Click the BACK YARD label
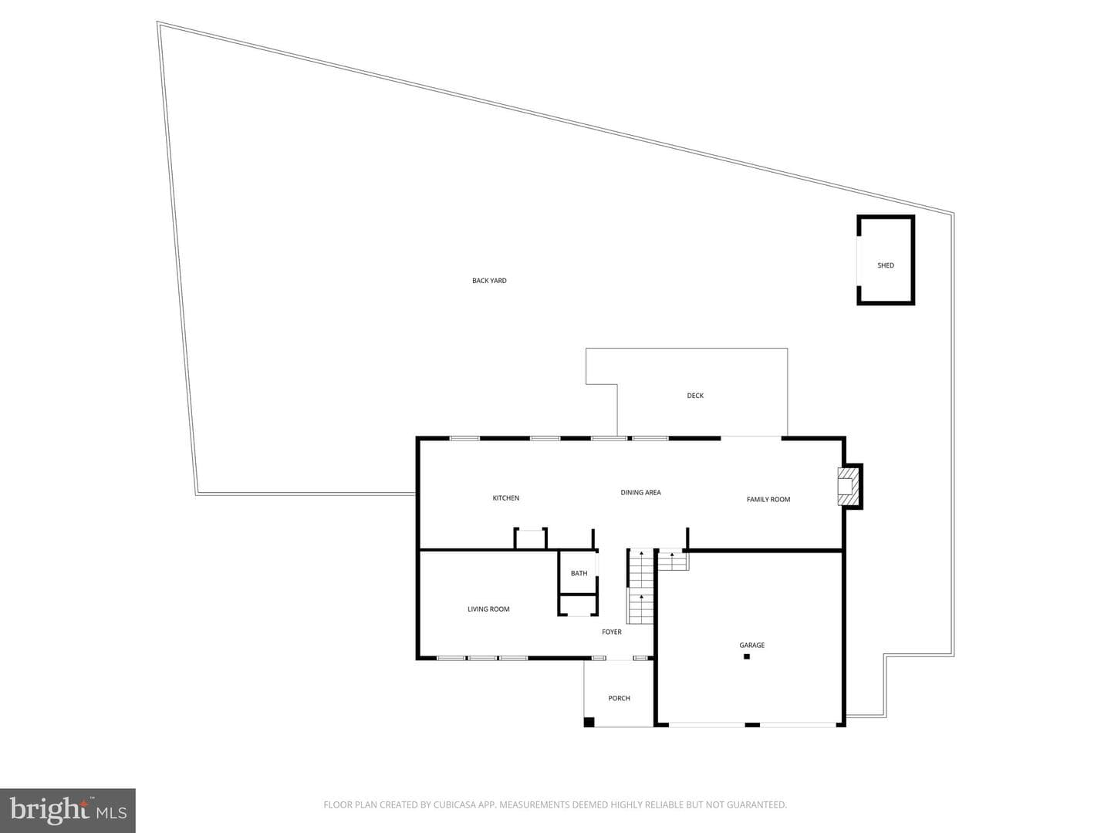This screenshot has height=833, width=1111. pyautogui.click(x=489, y=281)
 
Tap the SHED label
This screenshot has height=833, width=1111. pyautogui.click(x=885, y=265)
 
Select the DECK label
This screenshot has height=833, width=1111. pyautogui.click(x=695, y=396)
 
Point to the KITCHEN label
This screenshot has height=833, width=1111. pyautogui.click(x=505, y=498)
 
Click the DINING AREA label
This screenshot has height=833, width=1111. pyautogui.click(x=640, y=492)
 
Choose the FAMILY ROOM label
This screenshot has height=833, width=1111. pyautogui.click(x=768, y=499)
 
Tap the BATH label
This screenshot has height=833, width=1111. pyautogui.click(x=579, y=573)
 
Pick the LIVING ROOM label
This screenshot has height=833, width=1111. pyautogui.click(x=488, y=609)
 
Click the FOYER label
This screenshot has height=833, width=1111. pyautogui.click(x=611, y=632)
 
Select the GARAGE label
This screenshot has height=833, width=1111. pyautogui.click(x=751, y=645)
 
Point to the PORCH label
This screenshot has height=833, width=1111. pyautogui.click(x=619, y=698)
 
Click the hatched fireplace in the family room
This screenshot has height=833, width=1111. pyautogui.click(x=849, y=486)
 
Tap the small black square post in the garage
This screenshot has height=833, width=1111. pyautogui.click(x=747, y=656)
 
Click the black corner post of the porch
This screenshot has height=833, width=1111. pyautogui.click(x=589, y=722)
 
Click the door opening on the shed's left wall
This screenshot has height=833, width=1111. pyautogui.click(x=858, y=261)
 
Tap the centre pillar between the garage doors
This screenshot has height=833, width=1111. pyautogui.click(x=753, y=725)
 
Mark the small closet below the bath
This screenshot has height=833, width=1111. pyautogui.click(x=578, y=605)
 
